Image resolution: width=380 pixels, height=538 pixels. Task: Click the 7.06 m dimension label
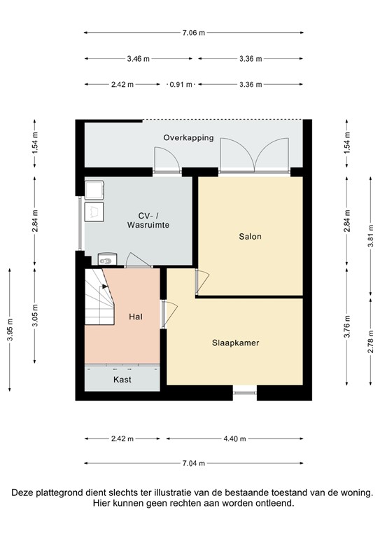[x=193, y=32]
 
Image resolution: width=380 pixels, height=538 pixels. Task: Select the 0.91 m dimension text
[x=181, y=85]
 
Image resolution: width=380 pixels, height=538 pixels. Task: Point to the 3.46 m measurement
[x=138, y=59]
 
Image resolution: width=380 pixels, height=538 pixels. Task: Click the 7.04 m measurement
[x=193, y=463]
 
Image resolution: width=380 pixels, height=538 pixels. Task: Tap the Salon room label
[x=250, y=237]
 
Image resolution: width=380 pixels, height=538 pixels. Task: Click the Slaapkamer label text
[x=236, y=343]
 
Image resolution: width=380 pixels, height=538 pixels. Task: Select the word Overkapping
[x=188, y=138]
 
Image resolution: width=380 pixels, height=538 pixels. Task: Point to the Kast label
[x=122, y=380]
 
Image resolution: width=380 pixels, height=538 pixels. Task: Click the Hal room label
[x=136, y=317]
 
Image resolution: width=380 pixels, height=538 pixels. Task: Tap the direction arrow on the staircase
[x=104, y=286]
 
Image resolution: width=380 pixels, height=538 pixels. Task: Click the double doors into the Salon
[x=253, y=154]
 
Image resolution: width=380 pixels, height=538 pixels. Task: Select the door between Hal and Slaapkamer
[x=169, y=314]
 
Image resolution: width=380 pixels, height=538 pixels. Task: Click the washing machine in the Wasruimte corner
[x=94, y=189]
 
